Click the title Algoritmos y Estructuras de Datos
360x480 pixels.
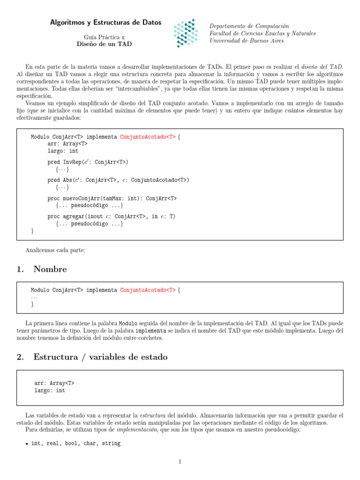[x=105, y=22]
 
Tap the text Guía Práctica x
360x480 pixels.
[x=104, y=37]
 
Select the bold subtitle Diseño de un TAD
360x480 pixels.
[x=104, y=44]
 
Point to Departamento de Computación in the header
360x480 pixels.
[x=249, y=26]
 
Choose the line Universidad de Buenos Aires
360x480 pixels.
[x=246, y=41]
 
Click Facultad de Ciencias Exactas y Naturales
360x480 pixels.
[x=262, y=34]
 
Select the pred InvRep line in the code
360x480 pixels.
[x=88, y=162]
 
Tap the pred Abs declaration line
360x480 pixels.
[x=118, y=180]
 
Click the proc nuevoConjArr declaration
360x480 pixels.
[x=112, y=198]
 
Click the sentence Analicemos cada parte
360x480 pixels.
[x=55, y=250]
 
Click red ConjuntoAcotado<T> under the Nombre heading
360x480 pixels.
[x=148, y=291]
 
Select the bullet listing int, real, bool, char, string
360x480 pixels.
[x=75, y=443]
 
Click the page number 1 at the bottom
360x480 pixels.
[x=180, y=462]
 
